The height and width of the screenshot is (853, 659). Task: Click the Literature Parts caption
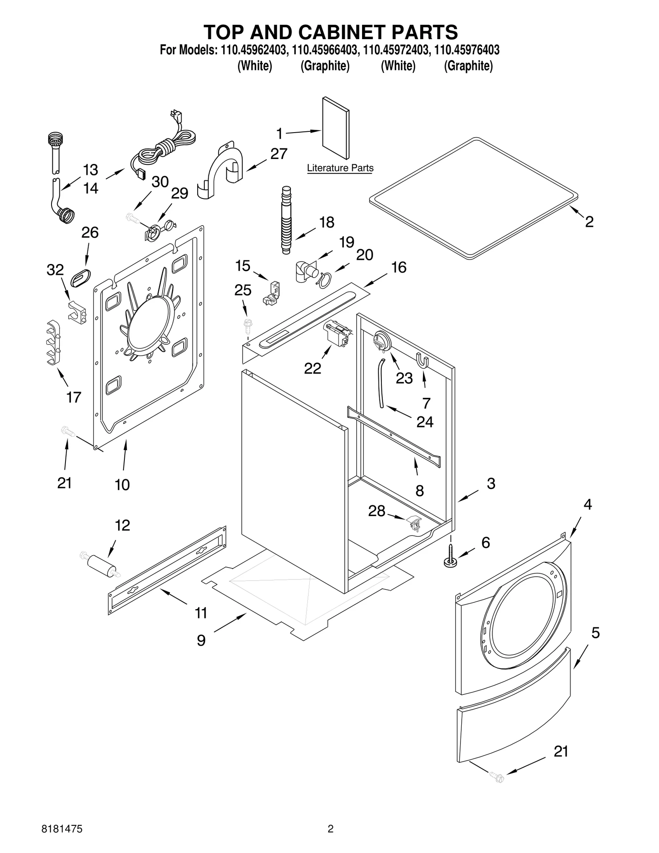pyautogui.click(x=340, y=168)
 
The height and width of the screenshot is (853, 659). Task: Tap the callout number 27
pyautogui.click(x=278, y=154)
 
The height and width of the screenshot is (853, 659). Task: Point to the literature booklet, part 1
pyautogui.click(x=335, y=128)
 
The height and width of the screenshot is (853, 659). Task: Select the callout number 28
pyautogui.click(x=376, y=511)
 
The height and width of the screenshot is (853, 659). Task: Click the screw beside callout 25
pyautogui.click(x=248, y=324)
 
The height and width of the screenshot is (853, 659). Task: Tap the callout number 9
pyautogui.click(x=201, y=640)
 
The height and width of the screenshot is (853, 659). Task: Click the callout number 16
pyautogui.click(x=398, y=267)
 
